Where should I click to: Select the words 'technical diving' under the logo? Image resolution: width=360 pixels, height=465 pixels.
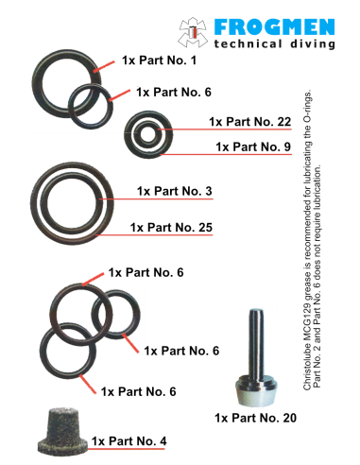[x=274, y=43]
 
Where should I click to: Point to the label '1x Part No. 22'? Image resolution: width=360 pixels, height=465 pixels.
[x=249, y=122]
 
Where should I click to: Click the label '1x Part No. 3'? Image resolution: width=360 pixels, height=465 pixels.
[x=174, y=192]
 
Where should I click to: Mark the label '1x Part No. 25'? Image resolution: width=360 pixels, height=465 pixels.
[x=171, y=228]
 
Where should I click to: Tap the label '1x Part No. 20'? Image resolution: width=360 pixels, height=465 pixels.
[x=255, y=417]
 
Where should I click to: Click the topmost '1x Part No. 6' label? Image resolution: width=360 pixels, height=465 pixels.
[x=146, y=272]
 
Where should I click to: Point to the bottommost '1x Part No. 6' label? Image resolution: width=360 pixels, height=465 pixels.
[x=138, y=391]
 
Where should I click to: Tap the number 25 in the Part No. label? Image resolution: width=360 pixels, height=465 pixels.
[x=202, y=228]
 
